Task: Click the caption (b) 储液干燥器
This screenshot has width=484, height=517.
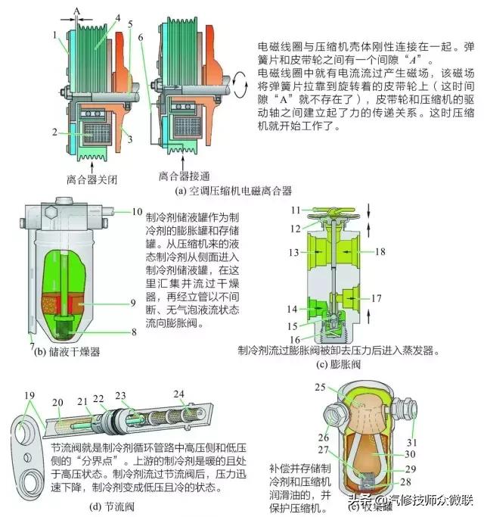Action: [64, 351]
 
